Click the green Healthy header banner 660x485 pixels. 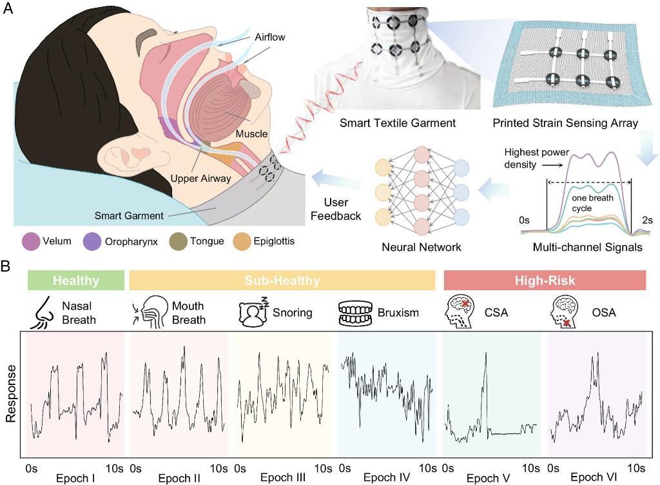[75, 281]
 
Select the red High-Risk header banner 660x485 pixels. [545, 281]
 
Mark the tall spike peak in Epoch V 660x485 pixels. [485, 353]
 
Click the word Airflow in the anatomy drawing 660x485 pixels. [269, 37]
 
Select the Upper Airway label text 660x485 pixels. [200, 178]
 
